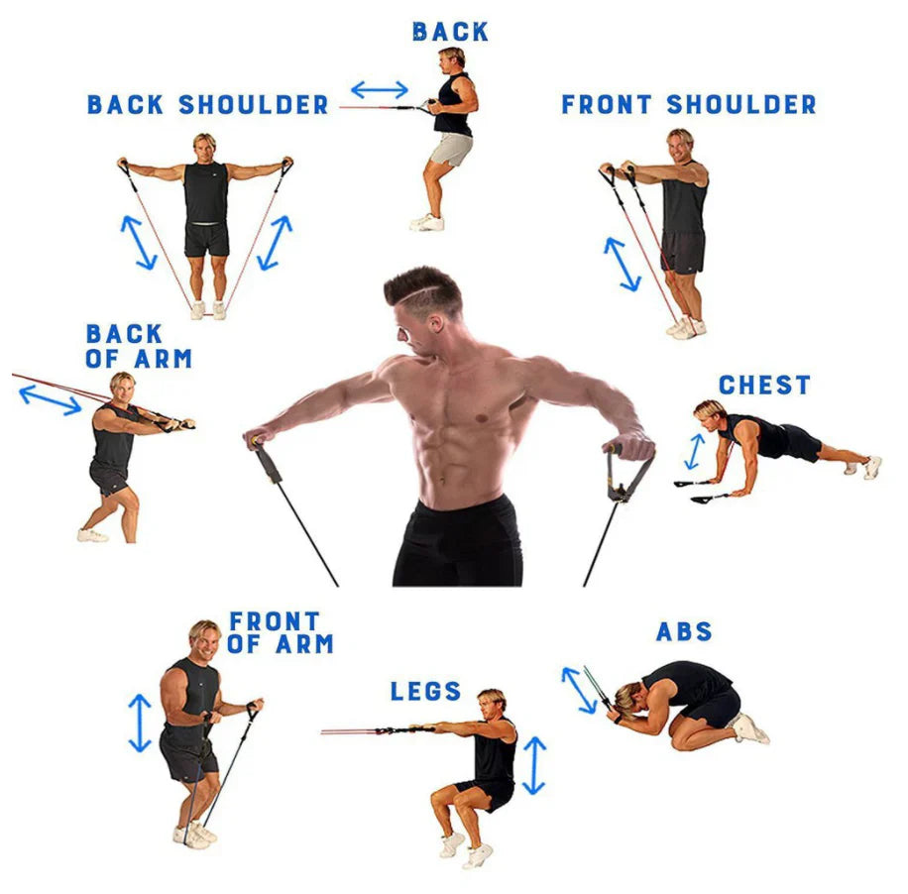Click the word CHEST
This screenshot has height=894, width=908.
764,386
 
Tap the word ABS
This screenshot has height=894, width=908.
684,632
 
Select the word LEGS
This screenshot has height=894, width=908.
425,691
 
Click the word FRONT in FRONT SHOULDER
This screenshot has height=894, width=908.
609,105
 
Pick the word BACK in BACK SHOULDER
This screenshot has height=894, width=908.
127,105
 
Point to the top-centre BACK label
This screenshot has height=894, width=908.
450,32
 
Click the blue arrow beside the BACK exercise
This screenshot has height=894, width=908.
379,90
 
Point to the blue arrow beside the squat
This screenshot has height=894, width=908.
534,765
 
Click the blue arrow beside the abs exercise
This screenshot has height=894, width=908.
579,690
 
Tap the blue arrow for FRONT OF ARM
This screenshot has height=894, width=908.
140,723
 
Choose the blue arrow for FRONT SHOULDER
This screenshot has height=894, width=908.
623,264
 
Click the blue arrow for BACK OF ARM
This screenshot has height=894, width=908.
51,399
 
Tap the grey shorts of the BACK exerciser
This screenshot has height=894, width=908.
452,150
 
